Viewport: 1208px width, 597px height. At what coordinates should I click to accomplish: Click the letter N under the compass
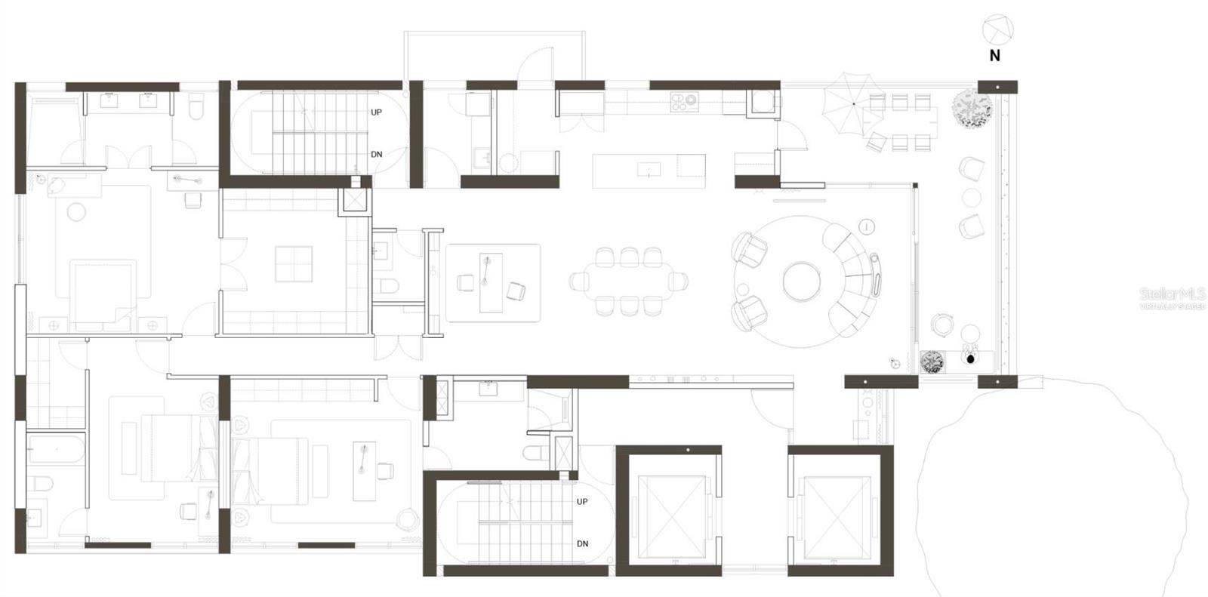pos(994,56)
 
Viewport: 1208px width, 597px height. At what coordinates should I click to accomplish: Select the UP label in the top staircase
pos(376,112)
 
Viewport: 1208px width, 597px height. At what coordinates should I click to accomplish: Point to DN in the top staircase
pos(376,155)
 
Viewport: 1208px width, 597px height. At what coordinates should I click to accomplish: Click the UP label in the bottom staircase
pos(582,502)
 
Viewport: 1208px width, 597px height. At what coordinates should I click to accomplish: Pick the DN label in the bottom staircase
pos(582,544)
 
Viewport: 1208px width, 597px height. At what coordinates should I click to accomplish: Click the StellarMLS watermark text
pos(1172,294)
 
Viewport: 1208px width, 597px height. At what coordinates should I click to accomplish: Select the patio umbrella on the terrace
pos(852,103)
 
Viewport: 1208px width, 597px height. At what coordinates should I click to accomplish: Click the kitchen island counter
pos(649,171)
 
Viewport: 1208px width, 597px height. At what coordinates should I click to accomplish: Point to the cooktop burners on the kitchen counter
pos(684,101)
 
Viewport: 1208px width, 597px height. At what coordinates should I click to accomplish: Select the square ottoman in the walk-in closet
pos(293,263)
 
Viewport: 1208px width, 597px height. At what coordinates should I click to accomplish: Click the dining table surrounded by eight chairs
pos(629,282)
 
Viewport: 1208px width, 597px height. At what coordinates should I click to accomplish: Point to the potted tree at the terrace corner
pos(972,108)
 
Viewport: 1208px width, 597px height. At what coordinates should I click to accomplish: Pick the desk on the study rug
pos(492,282)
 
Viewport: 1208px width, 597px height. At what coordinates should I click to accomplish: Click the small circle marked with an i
pos(867,226)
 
